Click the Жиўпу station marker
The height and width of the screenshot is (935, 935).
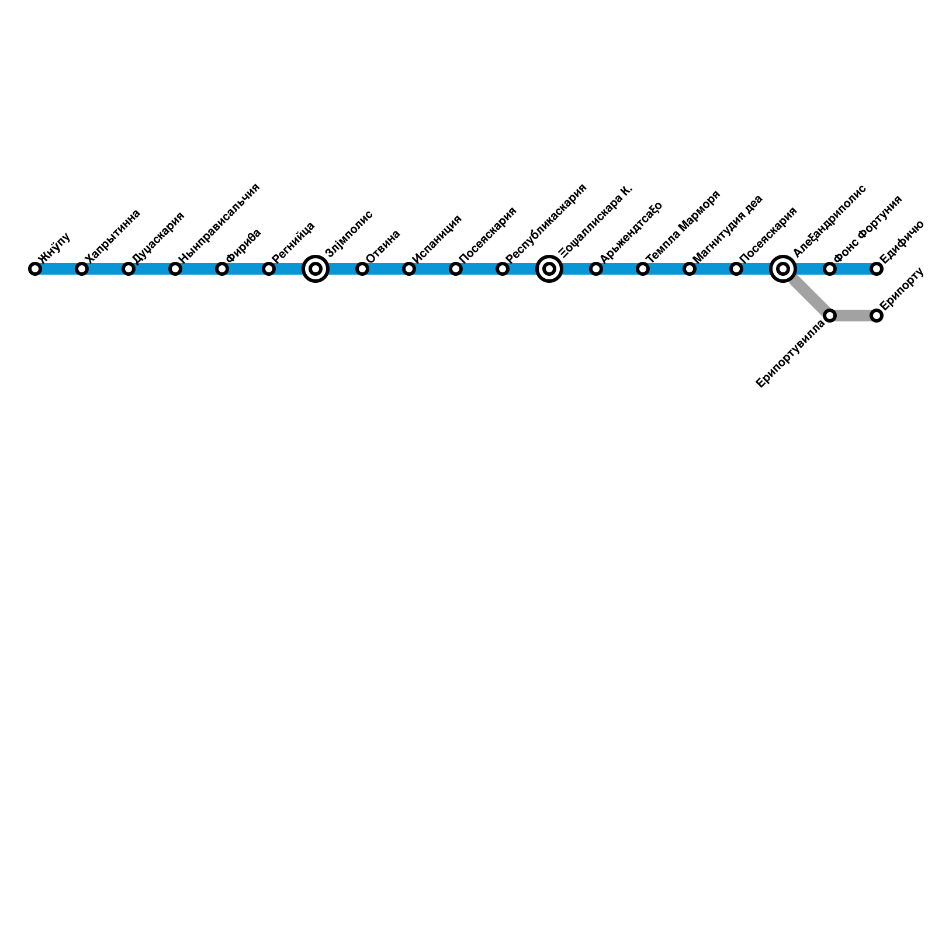[35, 269]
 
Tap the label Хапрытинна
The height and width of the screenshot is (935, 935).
[112, 236]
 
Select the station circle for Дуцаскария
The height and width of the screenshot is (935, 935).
[129, 269]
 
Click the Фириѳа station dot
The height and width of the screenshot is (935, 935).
[222, 269]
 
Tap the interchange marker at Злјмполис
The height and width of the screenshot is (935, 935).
[316, 269]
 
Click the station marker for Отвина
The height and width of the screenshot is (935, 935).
[362, 269]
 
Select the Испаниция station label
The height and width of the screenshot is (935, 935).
[437, 239]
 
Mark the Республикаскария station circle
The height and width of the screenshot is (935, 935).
[503, 269]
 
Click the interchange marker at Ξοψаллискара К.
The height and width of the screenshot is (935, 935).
[549, 269]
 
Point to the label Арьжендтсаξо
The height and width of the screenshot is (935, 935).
[631, 231]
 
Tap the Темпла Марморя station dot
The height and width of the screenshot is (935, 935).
[643, 269]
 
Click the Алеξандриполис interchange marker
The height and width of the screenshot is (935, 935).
[783, 269]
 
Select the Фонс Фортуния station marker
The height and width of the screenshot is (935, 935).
[830, 269]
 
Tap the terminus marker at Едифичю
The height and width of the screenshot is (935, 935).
[877, 269]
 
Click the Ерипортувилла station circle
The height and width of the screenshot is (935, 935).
[830, 316]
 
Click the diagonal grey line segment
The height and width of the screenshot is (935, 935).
[809, 295]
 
